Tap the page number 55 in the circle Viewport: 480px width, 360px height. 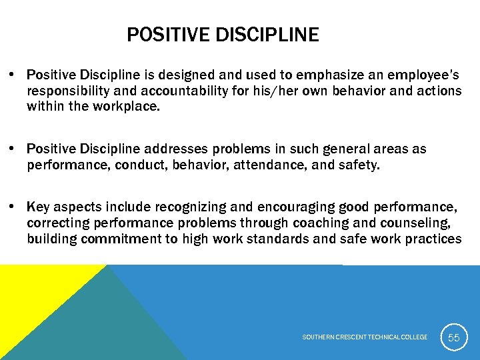click(x=453, y=338)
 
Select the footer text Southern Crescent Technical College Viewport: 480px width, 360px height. click(x=365, y=337)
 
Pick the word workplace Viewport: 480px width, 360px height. click(x=127, y=106)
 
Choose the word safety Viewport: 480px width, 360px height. click(x=357, y=164)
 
